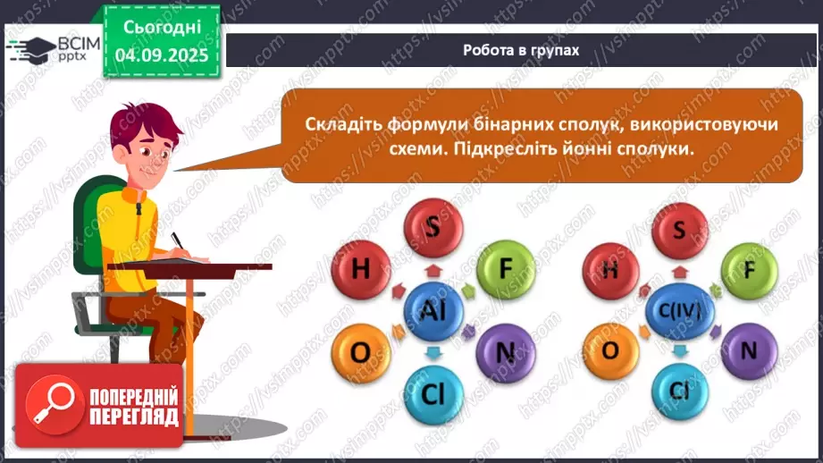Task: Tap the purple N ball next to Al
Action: (x=505, y=352)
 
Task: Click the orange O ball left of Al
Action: (x=359, y=352)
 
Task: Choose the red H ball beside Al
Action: (x=360, y=266)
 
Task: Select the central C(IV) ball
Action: (x=678, y=309)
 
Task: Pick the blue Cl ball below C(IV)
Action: (x=678, y=392)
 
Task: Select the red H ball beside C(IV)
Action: (x=609, y=267)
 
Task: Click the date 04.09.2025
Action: (x=163, y=55)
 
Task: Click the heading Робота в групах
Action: (x=521, y=51)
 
